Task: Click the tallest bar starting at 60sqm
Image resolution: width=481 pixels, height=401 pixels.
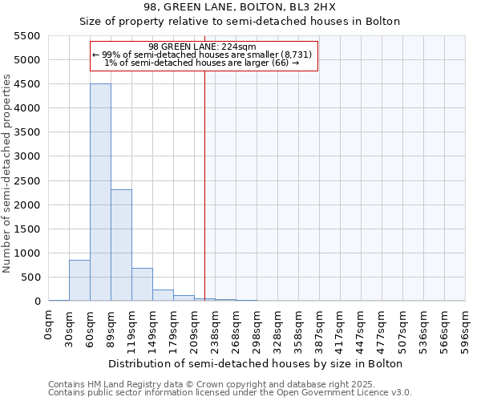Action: pos(100,192)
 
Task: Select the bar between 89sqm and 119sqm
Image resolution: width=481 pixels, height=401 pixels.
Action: pos(121,245)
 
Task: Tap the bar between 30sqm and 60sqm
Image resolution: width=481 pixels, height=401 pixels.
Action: pos(79,281)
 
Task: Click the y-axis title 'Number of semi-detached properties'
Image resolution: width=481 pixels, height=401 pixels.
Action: pos(8,173)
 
